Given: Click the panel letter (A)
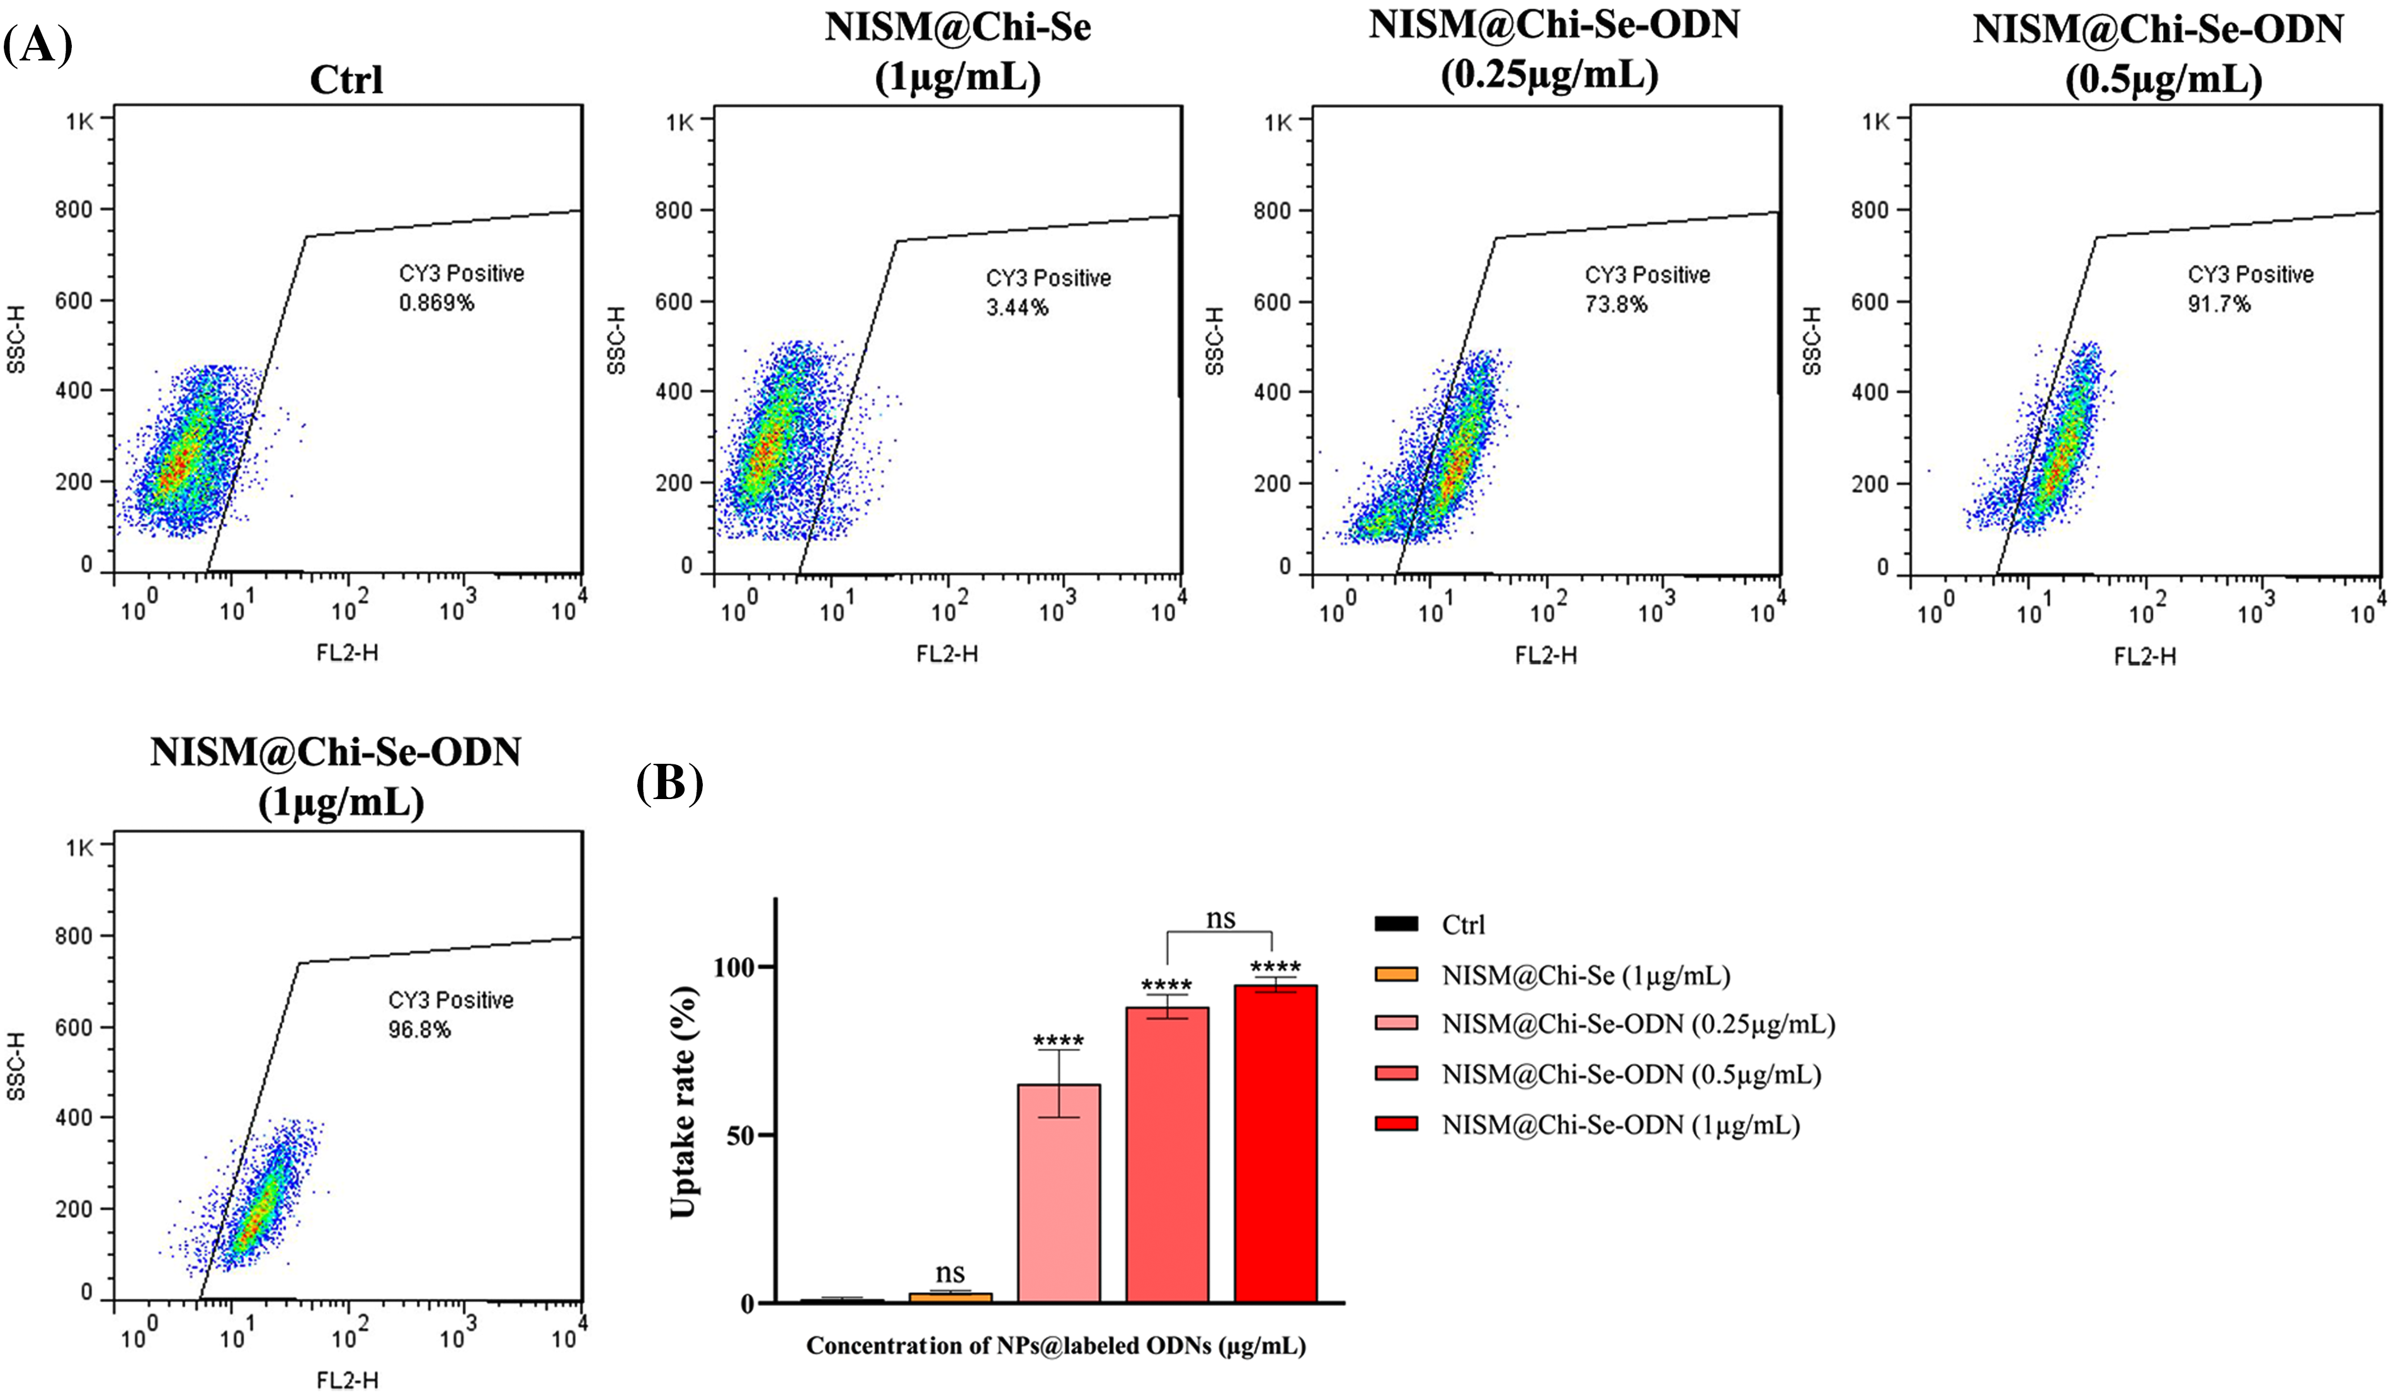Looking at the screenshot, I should click(37, 45).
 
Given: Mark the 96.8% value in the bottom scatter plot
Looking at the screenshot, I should click(419, 1030).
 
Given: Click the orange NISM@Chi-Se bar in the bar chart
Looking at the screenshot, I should click(950, 1297).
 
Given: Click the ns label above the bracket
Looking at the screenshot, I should click(1220, 918).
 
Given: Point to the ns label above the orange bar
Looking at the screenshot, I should click(950, 1273).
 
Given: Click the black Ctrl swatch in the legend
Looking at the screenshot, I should click(1396, 924).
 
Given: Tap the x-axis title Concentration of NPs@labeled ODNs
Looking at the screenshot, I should click(1056, 1346).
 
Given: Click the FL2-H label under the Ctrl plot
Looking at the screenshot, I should click(348, 652).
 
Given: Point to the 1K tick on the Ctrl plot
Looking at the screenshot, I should click(80, 121).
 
